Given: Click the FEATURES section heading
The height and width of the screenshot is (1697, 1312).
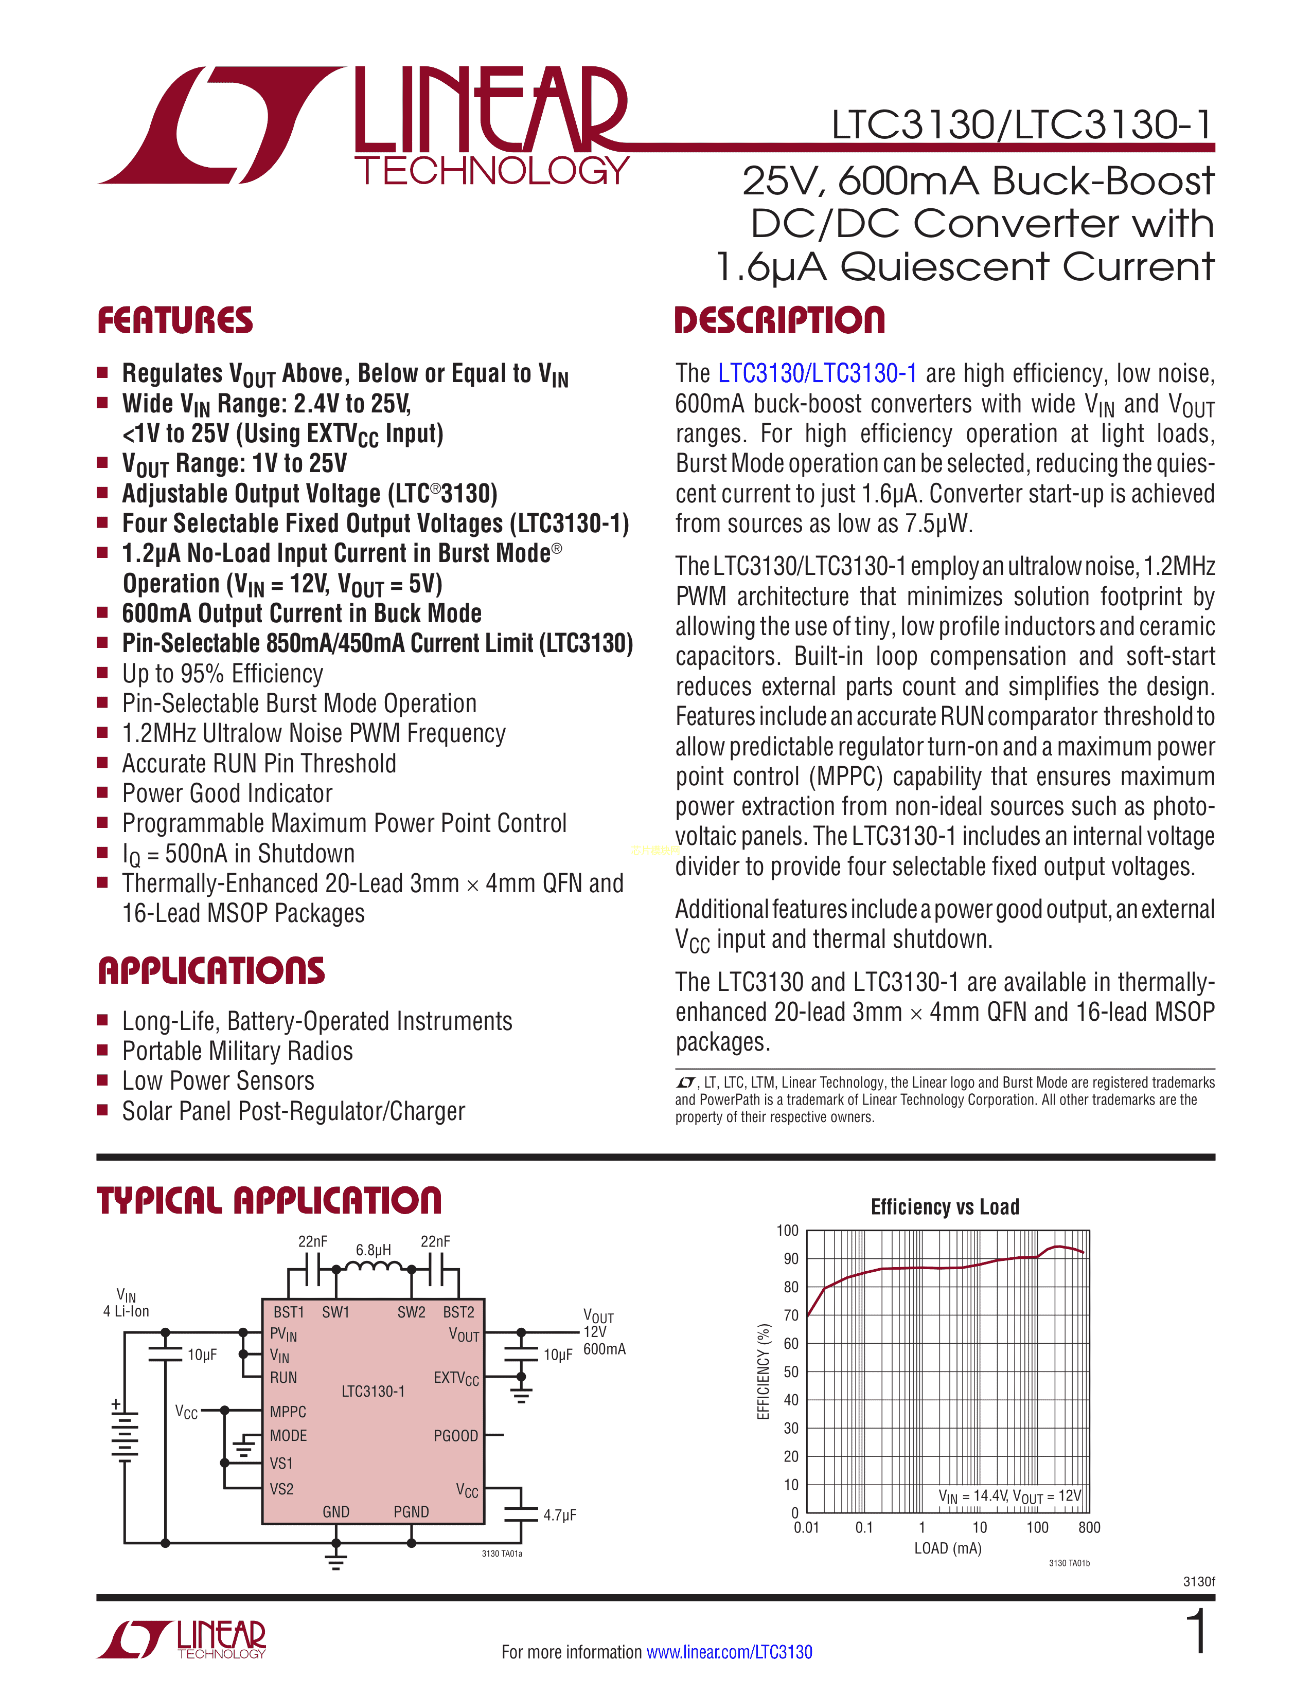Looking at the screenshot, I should point(175,321).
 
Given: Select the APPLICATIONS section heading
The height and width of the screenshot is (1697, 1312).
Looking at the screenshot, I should point(211,971).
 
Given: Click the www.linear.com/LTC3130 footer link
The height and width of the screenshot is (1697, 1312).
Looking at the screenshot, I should point(729,1652).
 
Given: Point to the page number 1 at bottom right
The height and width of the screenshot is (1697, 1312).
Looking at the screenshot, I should point(1198,1632).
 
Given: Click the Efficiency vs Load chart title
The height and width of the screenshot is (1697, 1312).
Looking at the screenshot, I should point(944,1207).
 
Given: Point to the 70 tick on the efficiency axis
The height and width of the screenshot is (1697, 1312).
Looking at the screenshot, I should point(790,1315).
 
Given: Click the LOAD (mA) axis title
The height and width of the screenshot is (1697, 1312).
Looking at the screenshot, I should point(947,1548).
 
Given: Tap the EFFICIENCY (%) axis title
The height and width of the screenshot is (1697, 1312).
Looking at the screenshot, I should point(763,1371).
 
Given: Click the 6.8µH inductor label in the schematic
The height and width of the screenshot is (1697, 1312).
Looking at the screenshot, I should point(373,1250).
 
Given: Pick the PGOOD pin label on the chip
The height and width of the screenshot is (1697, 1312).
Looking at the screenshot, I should point(455,1436).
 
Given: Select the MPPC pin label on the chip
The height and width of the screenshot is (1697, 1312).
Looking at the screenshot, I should point(288,1412).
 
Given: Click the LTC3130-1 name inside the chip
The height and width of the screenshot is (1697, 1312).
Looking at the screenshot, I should point(373,1391).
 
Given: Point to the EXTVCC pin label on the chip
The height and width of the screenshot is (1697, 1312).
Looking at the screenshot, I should point(456,1378).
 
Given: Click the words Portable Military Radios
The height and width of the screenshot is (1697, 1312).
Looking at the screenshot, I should point(237,1051).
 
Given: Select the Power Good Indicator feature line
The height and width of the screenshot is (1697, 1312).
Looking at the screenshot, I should point(227,793).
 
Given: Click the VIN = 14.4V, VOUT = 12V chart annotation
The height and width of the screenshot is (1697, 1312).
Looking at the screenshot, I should point(1009,1496).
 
